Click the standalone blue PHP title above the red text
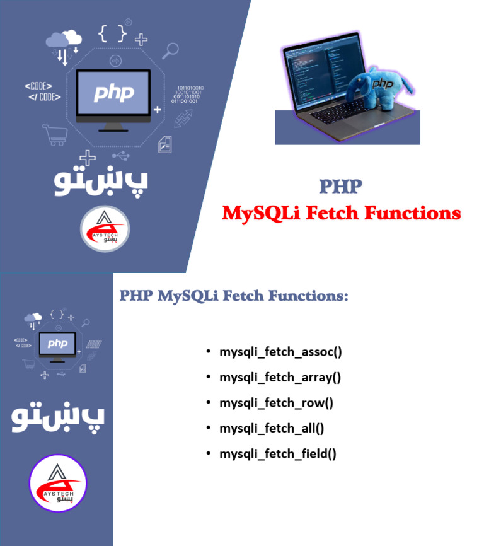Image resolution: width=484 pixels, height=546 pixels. click(x=340, y=187)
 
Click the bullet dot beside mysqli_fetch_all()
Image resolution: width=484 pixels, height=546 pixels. click(x=209, y=428)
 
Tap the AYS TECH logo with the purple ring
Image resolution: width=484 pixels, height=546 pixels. click(x=57, y=483)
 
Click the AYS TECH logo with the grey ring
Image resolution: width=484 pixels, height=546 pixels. click(x=105, y=229)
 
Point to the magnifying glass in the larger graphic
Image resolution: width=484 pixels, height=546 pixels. click(x=170, y=49)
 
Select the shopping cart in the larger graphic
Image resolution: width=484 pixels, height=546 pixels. click(x=54, y=134)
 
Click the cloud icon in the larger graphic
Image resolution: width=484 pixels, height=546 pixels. click(x=64, y=40)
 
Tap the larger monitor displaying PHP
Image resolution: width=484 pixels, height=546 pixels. click(x=113, y=95)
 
